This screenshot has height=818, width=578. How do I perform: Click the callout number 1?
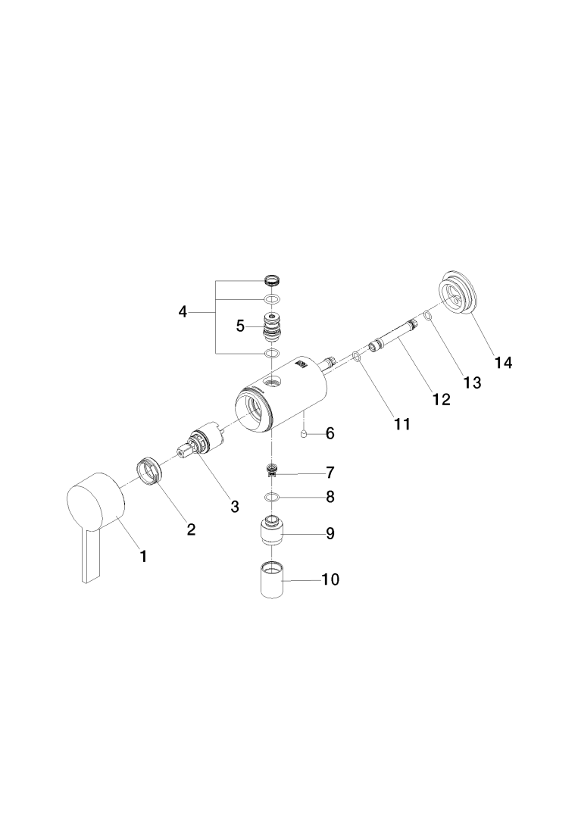pos(143,557)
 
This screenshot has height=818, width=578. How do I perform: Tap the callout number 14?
pos(504,363)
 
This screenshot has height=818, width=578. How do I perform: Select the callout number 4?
pos(183,311)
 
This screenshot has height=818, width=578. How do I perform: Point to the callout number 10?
pos(331,580)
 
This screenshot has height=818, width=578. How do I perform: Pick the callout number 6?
pos(330,433)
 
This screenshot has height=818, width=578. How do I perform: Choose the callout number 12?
pos(441,398)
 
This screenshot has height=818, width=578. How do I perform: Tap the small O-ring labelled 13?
pos(429,314)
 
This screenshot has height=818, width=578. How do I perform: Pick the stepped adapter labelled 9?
pos(273,530)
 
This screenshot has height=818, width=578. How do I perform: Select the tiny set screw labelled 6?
pos(304,434)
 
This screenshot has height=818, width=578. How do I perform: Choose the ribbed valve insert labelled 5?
pos(271,326)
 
